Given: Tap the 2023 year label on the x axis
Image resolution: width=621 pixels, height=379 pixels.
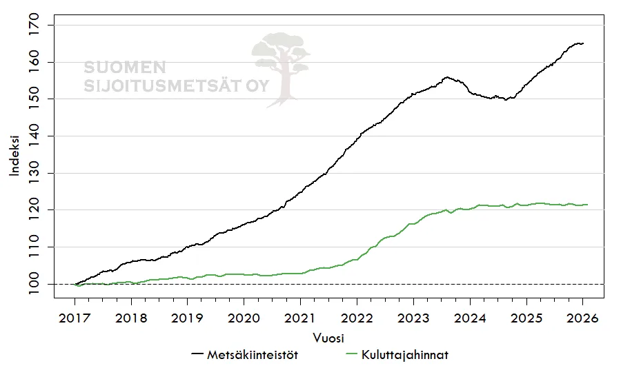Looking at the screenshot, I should pyautogui.click(x=413, y=318).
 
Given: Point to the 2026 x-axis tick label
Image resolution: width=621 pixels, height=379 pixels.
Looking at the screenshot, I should pyautogui.click(x=582, y=318).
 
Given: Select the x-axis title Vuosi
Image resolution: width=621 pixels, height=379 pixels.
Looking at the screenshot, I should pyautogui.click(x=328, y=338).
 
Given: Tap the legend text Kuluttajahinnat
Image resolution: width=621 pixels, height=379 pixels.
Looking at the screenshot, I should pyautogui.click(x=405, y=356).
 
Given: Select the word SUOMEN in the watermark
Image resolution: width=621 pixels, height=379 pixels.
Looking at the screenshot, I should pyautogui.click(x=125, y=68).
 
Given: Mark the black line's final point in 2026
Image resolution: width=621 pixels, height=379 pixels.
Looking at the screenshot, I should pyautogui.click(x=584, y=43).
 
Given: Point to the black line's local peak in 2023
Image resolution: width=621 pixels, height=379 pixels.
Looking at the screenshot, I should pyautogui.click(x=447, y=77).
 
